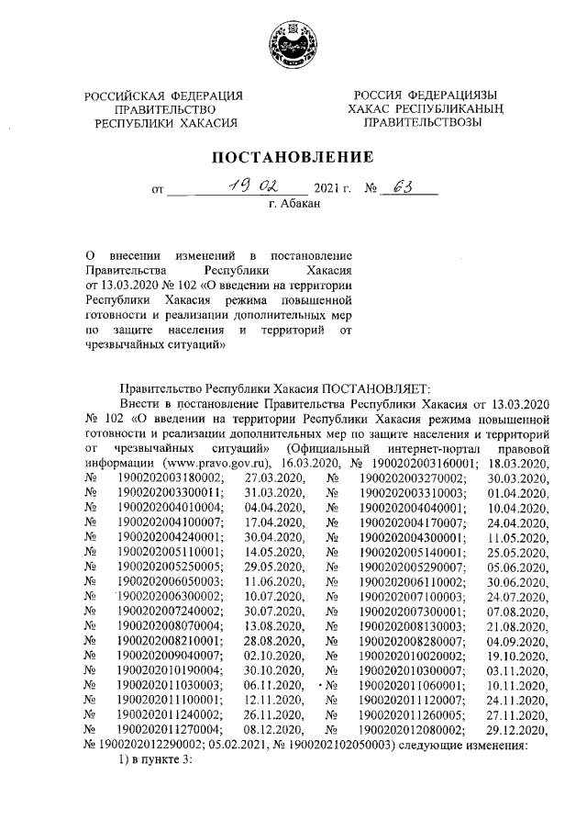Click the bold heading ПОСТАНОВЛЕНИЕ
(293, 156)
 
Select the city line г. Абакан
(293, 205)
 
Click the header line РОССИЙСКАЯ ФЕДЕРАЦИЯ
(164, 96)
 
